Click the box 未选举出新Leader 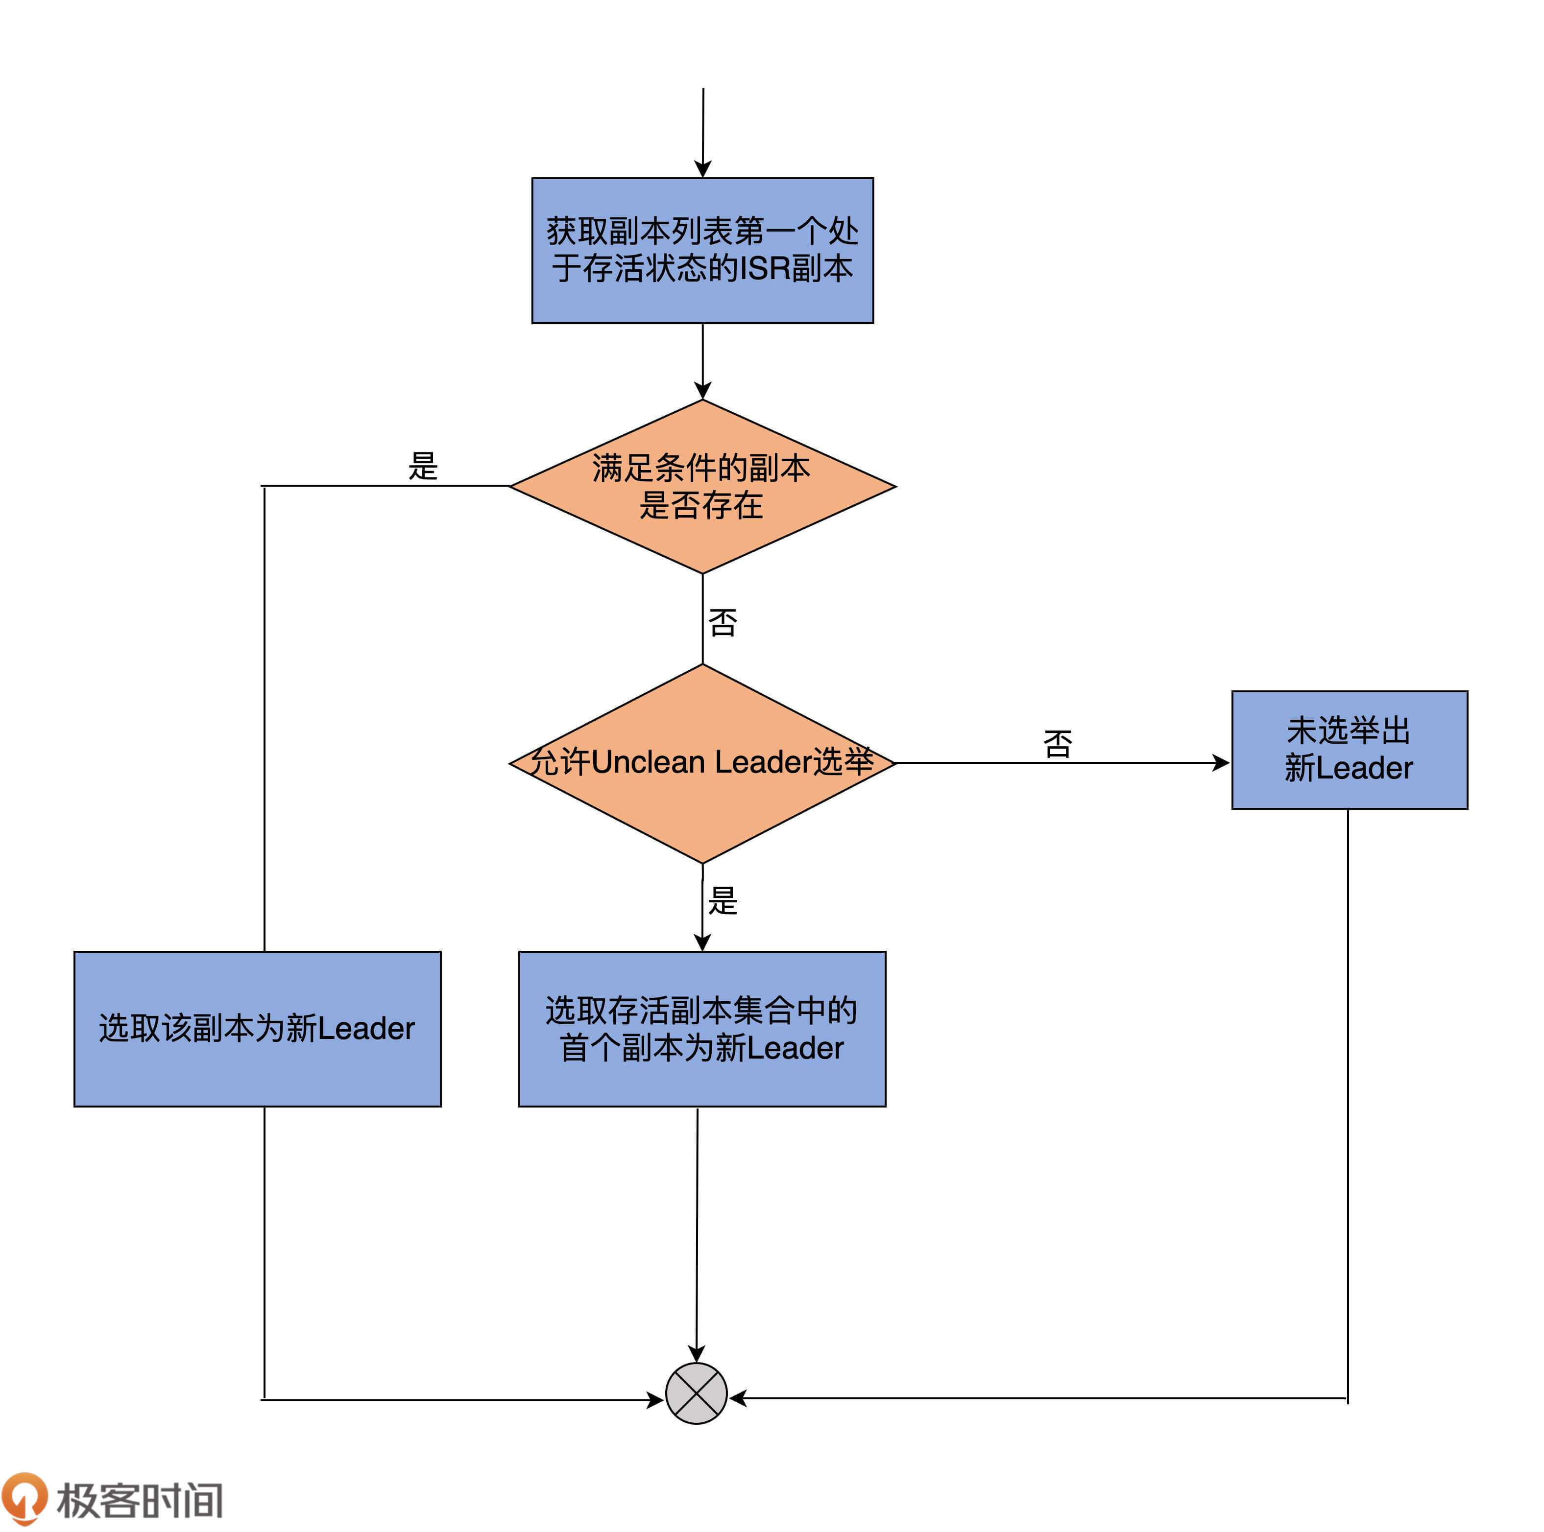tap(1349, 749)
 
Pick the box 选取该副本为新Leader tap(257, 1028)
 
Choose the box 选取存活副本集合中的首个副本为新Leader tap(701, 1028)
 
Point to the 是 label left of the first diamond tap(423, 466)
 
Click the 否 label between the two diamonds tap(723, 622)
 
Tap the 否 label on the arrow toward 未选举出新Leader tap(1057, 744)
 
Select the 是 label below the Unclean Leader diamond tap(723, 900)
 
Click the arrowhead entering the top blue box tap(702, 168)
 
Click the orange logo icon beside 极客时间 tap(24, 1498)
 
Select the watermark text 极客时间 tap(140, 1500)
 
